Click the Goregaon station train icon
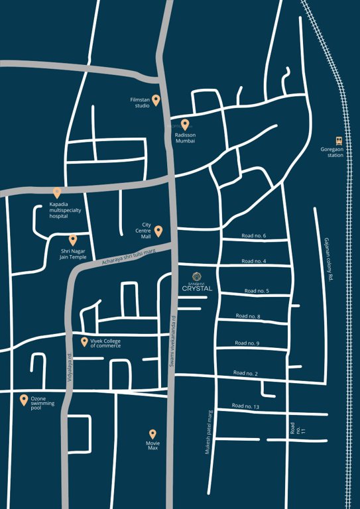339,141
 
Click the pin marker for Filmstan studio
156,100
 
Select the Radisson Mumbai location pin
185,124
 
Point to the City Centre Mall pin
158,231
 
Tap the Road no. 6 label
254,236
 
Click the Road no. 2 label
246,374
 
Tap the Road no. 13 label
246,406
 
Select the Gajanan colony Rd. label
327,260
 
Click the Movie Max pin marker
153,433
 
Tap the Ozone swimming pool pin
24,400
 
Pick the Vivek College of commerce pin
84,342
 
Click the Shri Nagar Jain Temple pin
73,240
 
